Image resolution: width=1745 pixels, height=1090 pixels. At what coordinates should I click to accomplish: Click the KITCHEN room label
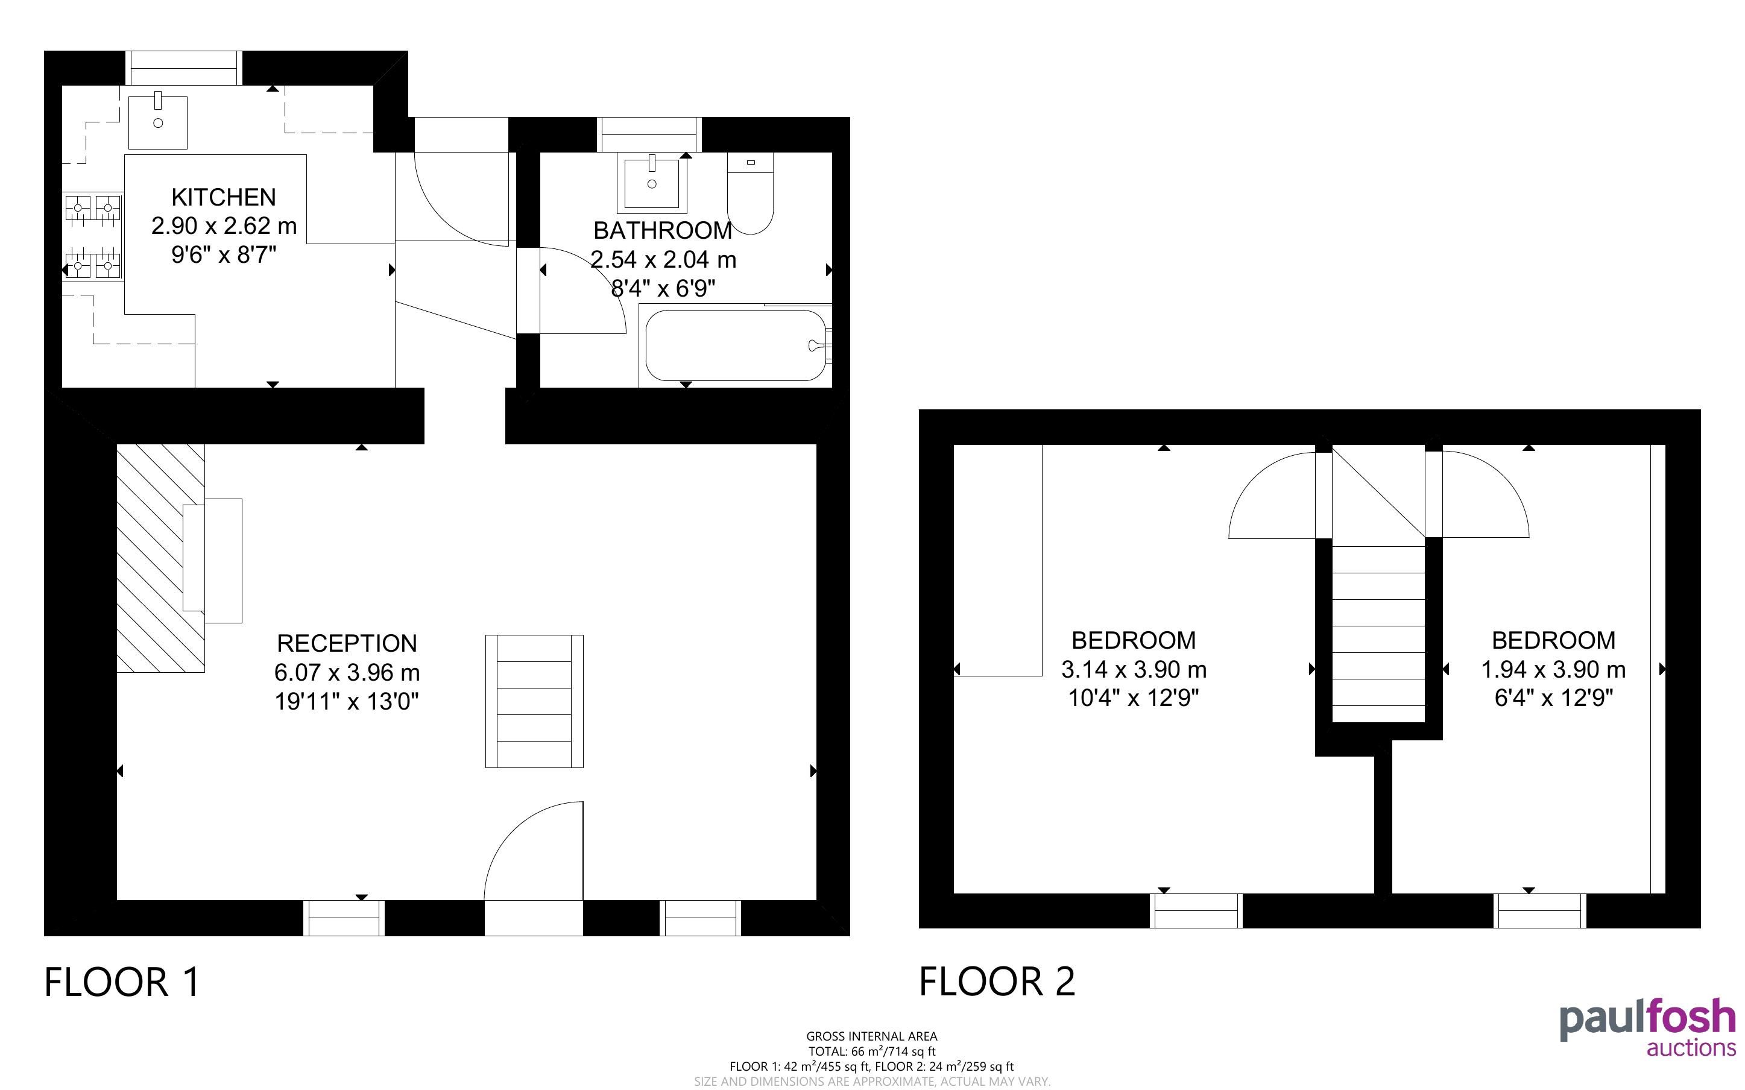pos(224,197)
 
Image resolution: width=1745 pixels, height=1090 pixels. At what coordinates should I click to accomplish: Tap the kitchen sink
pos(158,122)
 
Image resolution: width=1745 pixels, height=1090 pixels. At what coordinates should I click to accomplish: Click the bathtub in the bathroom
pos(736,345)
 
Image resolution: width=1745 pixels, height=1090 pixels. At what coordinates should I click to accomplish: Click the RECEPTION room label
pos(347,643)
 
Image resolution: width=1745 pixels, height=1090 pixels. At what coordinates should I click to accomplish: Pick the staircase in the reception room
pos(534,701)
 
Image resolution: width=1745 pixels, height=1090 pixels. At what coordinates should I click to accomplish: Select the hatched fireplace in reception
pos(161,558)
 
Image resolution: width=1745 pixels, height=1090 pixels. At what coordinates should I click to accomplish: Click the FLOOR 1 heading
pos(122,982)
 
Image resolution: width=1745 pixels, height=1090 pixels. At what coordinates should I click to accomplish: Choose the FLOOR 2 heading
pos(997,982)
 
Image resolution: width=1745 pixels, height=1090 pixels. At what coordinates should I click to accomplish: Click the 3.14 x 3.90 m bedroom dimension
pos(1134,670)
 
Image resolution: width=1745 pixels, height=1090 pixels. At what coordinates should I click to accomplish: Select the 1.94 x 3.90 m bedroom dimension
pos(1553,670)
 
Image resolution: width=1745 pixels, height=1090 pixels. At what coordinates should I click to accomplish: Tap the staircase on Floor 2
pos(1379,634)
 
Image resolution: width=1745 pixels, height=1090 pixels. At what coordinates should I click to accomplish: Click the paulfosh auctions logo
pos(1648,1027)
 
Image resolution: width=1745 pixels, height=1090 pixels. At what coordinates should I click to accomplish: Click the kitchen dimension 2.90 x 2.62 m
pos(224,225)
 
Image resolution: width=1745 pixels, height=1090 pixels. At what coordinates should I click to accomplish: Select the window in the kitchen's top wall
pos(185,69)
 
